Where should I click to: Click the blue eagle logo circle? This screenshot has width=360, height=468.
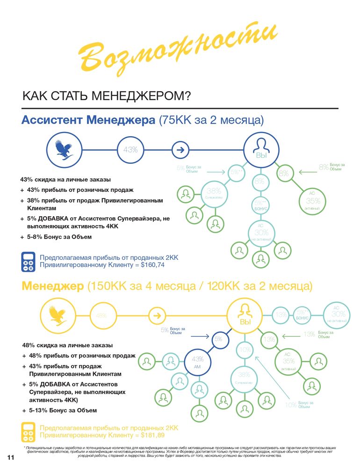click(63, 150)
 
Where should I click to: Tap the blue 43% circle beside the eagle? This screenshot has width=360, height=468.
click(130, 150)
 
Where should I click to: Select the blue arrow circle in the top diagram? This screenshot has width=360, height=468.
click(180, 150)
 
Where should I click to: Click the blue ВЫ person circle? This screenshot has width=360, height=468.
click(261, 150)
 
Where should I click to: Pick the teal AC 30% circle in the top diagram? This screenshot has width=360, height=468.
click(261, 232)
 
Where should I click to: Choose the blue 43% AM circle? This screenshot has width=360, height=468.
click(197, 362)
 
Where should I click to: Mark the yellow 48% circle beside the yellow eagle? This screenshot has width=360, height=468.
click(101, 315)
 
